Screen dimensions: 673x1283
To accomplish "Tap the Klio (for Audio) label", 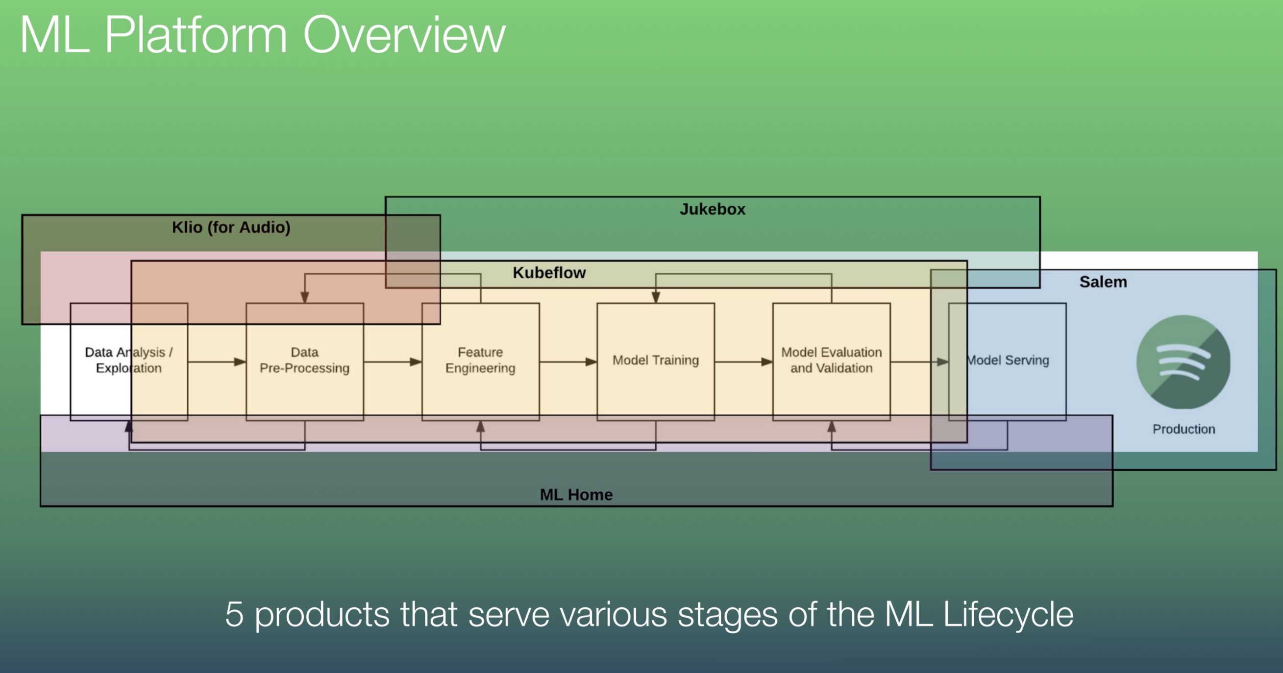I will [x=231, y=227].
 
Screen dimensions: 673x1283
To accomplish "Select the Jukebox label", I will [x=712, y=209].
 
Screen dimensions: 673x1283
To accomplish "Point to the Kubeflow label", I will [x=549, y=273].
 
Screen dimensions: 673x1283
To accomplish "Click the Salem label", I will [x=1103, y=282].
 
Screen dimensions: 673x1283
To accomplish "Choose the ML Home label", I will [x=576, y=494].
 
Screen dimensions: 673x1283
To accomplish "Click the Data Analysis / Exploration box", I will [x=128, y=361].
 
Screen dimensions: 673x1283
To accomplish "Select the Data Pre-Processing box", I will [x=304, y=361].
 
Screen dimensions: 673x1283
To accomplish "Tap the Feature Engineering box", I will [x=480, y=361].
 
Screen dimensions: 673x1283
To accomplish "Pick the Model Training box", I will [x=655, y=361].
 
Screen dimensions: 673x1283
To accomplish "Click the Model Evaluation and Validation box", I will [x=831, y=361].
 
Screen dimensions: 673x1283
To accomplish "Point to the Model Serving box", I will [x=1007, y=361].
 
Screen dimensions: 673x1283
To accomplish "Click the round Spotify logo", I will [x=1184, y=362].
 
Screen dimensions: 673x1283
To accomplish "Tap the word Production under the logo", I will [x=1184, y=429].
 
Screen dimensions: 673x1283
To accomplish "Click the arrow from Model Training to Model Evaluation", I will [x=743, y=362].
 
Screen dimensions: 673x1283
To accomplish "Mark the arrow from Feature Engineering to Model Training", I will [x=568, y=362].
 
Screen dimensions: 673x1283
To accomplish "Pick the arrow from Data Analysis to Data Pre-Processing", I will [x=217, y=362].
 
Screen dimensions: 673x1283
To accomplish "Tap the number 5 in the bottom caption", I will [x=234, y=614].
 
